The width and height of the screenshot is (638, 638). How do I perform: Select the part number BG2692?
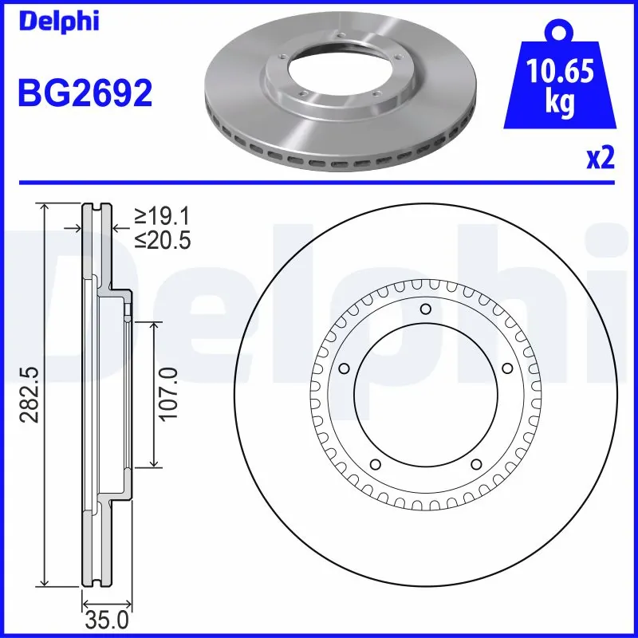(x=85, y=93)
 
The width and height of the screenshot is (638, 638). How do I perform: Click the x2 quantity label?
(x=601, y=159)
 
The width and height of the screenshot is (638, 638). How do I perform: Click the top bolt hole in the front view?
(x=424, y=309)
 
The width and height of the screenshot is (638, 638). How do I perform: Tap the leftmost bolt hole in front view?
(x=345, y=368)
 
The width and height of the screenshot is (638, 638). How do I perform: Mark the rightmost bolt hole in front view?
(x=505, y=368)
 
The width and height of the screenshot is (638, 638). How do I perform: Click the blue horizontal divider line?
(x=319, y=181)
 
